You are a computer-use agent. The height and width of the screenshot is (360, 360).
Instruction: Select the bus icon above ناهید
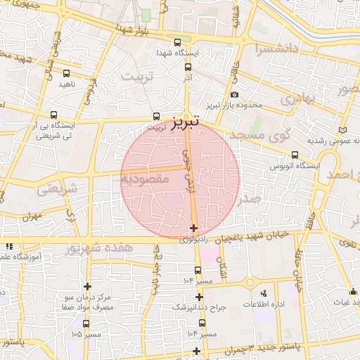[66, 73]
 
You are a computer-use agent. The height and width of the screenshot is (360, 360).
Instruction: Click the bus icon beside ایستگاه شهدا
[176, 42]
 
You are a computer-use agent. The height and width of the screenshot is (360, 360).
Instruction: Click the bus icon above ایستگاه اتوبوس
[294, 155]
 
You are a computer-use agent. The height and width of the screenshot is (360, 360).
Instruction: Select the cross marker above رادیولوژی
[193, 228]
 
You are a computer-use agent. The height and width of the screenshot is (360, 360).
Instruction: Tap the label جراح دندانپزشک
[200, 308]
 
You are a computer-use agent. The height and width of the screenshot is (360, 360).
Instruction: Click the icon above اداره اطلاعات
[263, 292]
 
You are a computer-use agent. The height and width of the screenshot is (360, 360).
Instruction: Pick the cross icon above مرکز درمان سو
[87, 286]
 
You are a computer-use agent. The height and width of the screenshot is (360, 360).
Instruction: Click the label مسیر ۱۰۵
[86, 335]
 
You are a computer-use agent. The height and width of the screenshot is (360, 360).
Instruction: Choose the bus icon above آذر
[188, 67]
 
